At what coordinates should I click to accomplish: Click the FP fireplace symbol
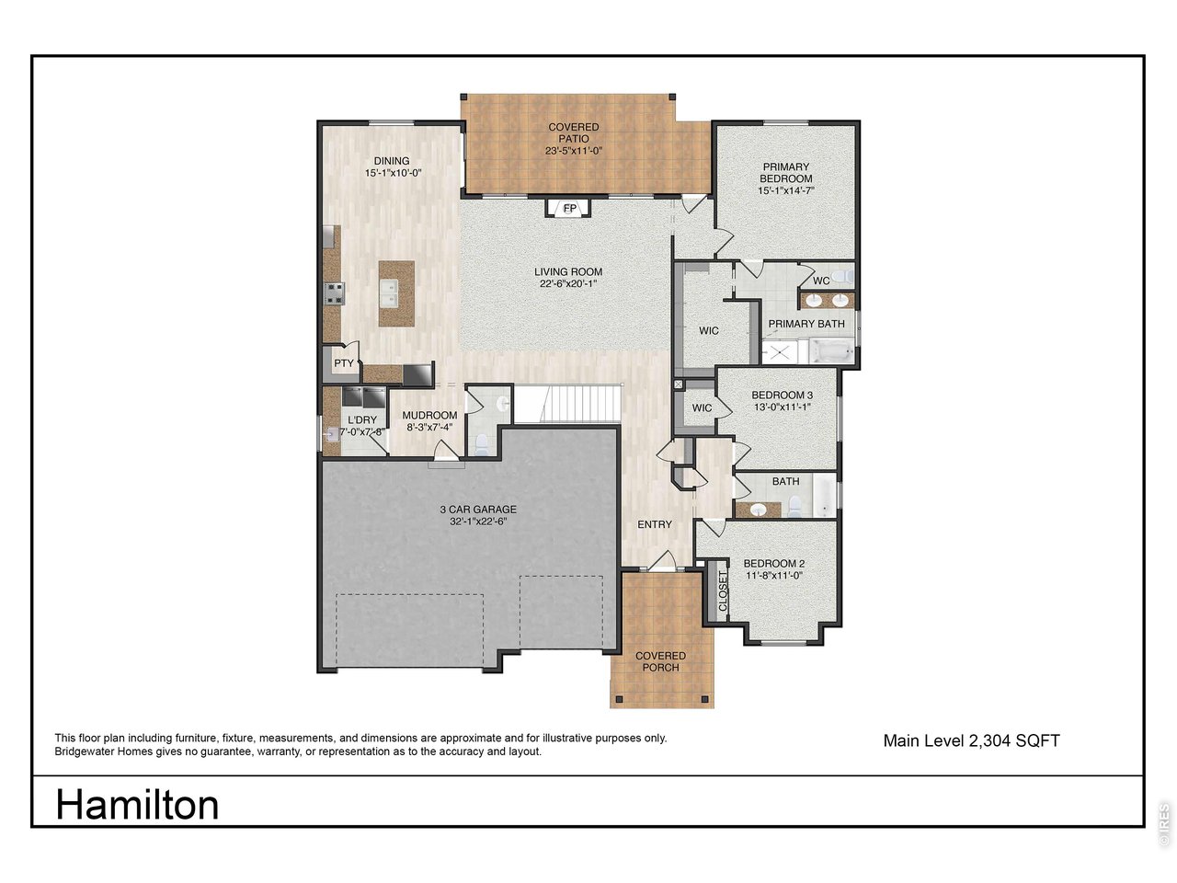pos(568,208)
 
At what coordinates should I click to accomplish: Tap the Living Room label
pos(568,272)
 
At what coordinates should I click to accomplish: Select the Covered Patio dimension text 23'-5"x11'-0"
pos(573,151)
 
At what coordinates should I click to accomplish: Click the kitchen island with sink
pos(397,293)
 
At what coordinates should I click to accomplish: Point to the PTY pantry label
pos(344,363)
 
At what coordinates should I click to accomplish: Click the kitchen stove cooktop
pos(334,293)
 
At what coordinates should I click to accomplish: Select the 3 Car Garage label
pos(478,510)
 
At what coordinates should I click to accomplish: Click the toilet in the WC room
pos(845,277)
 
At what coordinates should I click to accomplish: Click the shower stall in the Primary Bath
pos(779,352)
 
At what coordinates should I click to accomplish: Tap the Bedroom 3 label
pos(782,396)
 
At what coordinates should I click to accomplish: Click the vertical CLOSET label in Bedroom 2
pos(722,591)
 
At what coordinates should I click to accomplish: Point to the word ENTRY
pos(654,525)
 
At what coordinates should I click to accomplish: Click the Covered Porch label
pos(660,661)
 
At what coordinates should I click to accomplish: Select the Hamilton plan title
pos(137,805)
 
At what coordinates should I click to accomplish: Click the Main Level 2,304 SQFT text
pos(971,741)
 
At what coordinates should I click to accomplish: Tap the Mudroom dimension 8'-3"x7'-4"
pos(429,428)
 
